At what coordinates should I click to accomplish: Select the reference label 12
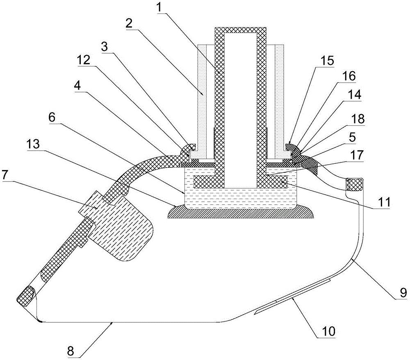coord(83,61)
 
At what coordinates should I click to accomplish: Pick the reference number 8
coord(71,352)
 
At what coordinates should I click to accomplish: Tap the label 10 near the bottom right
coord(328,331)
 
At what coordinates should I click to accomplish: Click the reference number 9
coord(403,292)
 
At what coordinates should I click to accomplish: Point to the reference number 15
coord(327,60)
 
